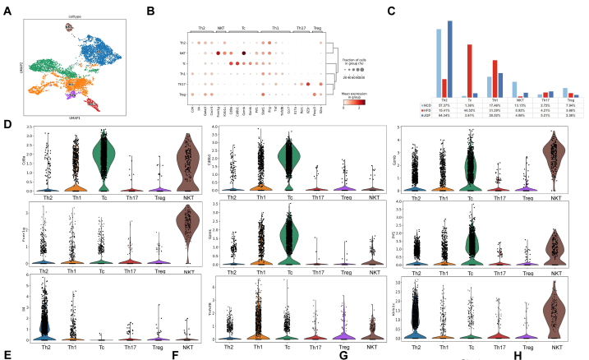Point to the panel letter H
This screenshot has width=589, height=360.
coord(516,353)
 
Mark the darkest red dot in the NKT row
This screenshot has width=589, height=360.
coord(218,52)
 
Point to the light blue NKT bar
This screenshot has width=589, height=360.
coord(514,90)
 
